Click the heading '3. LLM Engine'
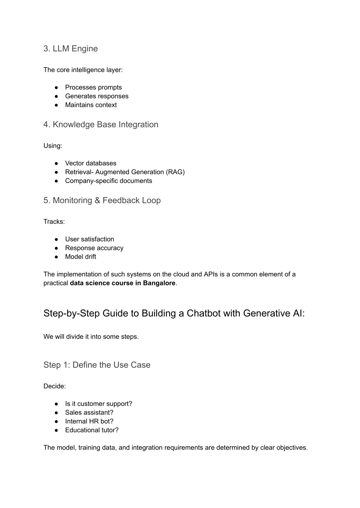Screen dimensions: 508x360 coord(70,48)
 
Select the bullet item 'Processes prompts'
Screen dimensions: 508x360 coord(93,87)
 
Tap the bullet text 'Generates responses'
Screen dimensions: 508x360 coord(97,96)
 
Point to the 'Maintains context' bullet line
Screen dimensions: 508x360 coord(91,105)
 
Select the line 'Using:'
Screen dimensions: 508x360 coord(53,146)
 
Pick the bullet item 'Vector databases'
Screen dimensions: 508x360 coord(90,163)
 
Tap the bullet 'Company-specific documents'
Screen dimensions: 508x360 coord(108,181)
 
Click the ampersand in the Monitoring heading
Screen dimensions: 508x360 coord(98,200)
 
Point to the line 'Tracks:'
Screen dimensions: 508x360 coord(54,222)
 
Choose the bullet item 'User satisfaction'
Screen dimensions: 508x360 coord(89,239)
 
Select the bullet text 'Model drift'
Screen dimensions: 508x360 coord(81,257)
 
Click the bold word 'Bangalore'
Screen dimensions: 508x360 coord(159,283)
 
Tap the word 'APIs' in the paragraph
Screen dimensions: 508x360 coord(211,274)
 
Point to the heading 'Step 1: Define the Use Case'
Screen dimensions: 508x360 coord(97,365)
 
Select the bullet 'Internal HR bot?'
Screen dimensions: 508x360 coord(89,421)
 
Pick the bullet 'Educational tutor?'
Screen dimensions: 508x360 coord(91,430)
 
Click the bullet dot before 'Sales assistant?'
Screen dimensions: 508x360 coord(56,412)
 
